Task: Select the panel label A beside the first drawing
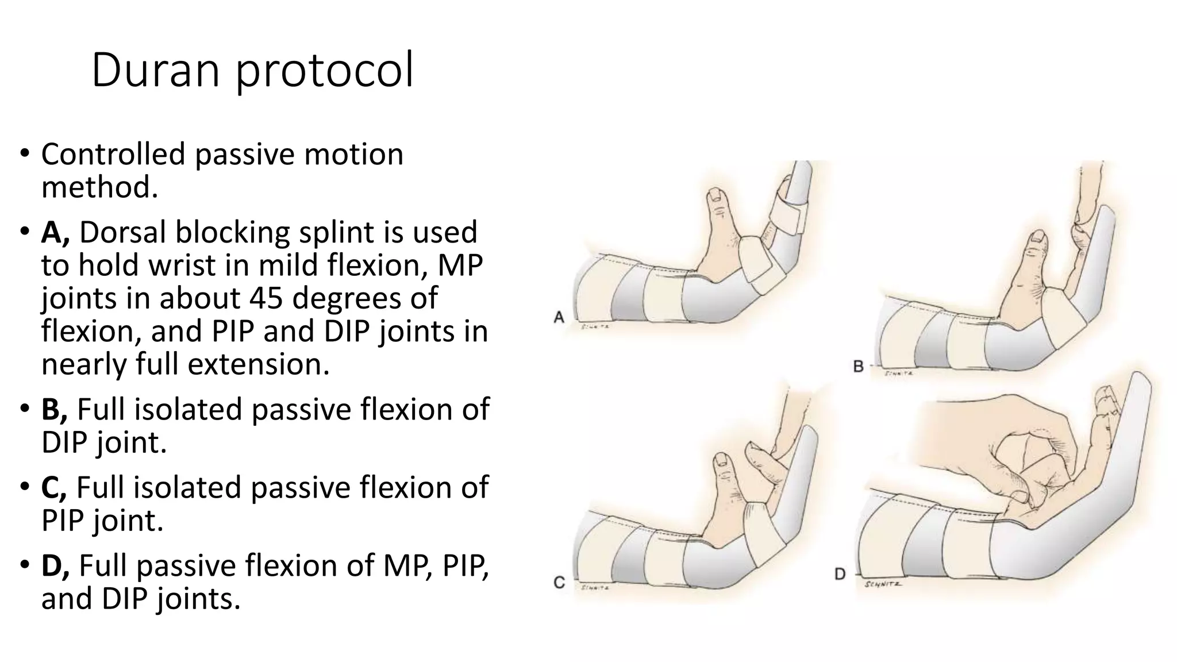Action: point(559,317)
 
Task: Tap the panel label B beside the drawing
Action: point(859,366)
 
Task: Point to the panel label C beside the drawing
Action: point(559,582)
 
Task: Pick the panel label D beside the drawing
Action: point(840,574)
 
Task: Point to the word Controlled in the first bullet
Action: point(113,155)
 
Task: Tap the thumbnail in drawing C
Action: point(720,459)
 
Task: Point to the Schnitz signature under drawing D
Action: point(883,584)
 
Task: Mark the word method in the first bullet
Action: point(99,187)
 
